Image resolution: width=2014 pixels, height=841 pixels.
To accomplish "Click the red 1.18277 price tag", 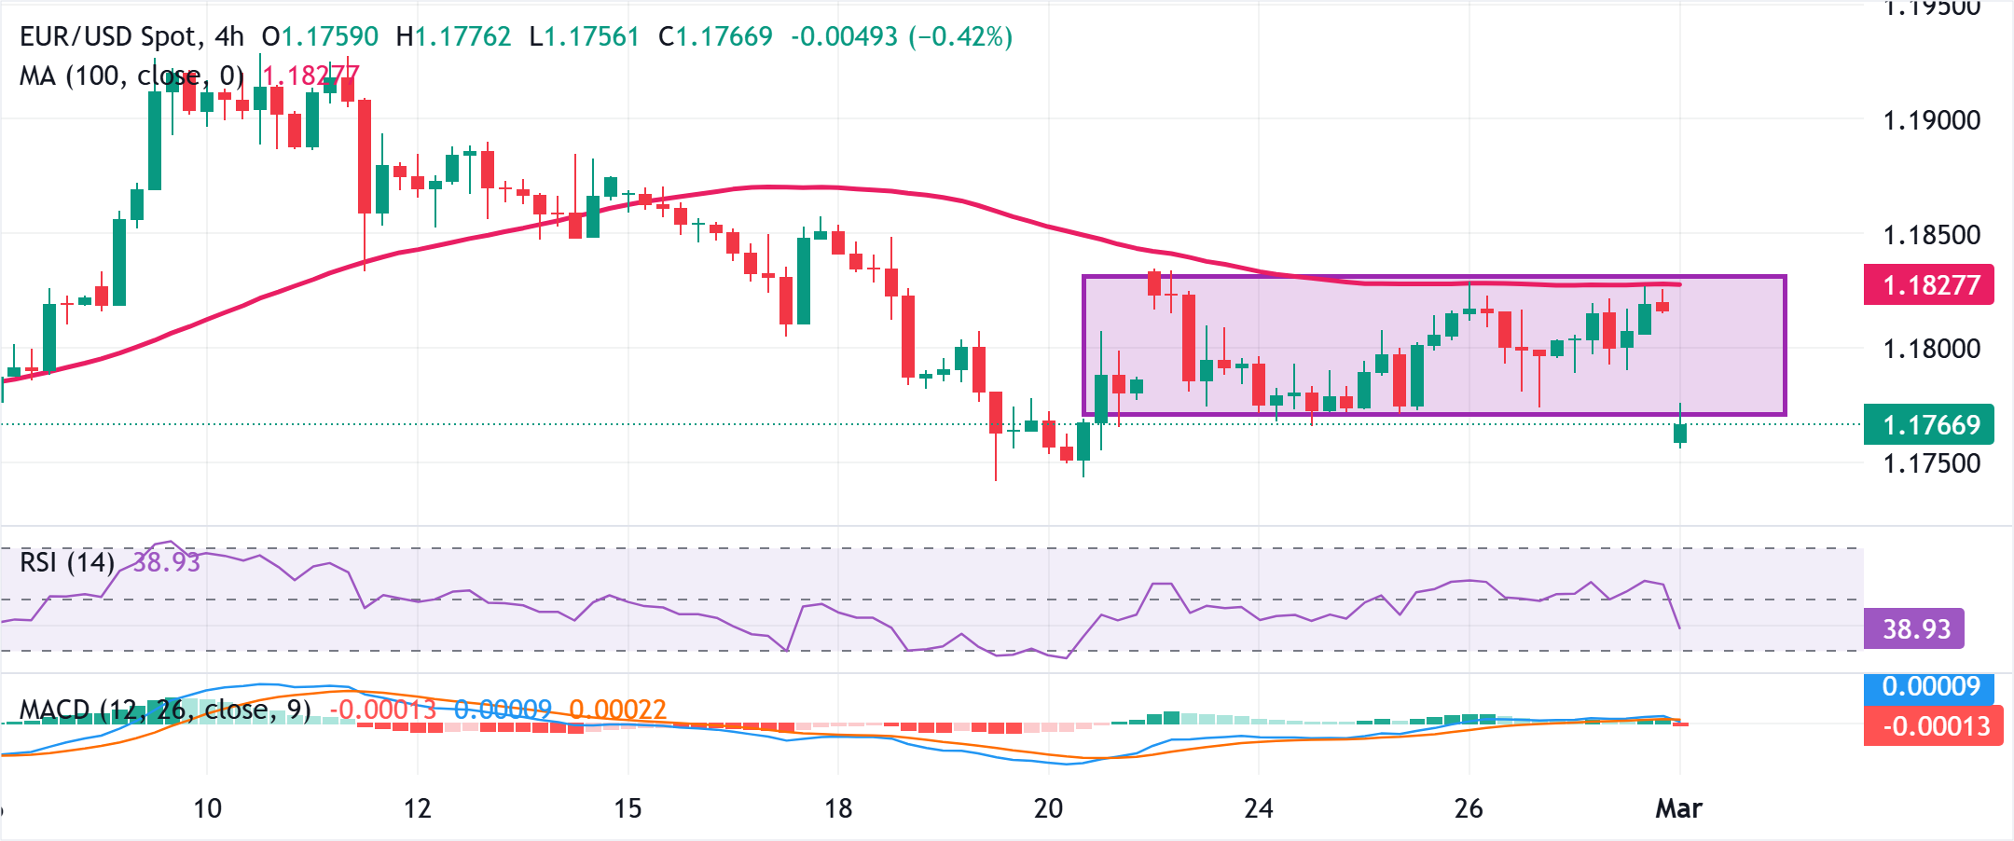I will pyautogui.click(x=1928, y=284).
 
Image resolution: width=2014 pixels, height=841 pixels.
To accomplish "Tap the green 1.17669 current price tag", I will pyautogui.click(x=1928, y=425).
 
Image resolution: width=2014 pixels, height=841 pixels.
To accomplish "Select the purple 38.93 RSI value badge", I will pyautogui.click(x=1914, y=628).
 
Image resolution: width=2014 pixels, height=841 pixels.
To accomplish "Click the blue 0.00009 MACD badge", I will pyautogui.click(x=1928, y=687).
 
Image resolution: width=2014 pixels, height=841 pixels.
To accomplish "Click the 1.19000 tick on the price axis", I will pyautogui.click(x=1931, y=120).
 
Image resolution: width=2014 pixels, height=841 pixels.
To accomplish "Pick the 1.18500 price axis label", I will pyautogui.click(x=1931, y=235).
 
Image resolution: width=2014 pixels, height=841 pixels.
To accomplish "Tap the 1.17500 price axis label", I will pyautogui.click(x=1931, y=463).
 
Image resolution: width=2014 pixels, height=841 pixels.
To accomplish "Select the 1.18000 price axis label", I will pyautogui.click(x=1931, y=349).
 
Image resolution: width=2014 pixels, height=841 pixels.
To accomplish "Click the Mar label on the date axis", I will pyautogui.click(x=1678, y=808).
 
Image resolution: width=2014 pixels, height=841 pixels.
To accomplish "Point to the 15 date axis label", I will pyautogui.click(x=628, y=808).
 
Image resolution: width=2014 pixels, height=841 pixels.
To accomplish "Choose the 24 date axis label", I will pyautogui.click(x=1258, y=808).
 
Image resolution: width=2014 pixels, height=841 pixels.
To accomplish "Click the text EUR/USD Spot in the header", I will pyautogui.click(x=108, y=36).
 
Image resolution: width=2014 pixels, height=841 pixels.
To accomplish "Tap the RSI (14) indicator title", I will pyautogui.click(x=67, y=562).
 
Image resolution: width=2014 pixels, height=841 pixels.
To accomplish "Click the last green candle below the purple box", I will pyautogui.click(x=1680, y=433).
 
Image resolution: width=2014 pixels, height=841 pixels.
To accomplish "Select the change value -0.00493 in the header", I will pyautogui.click(x=844, y=36).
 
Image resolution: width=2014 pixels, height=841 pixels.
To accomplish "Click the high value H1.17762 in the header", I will pyautogui.click(x=453, y=36).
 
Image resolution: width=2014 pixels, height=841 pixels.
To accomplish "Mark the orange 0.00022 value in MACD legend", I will pyautogui.click(x=617, y=710).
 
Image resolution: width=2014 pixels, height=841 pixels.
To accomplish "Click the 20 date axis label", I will pyautogui.click(x=1048, y=808).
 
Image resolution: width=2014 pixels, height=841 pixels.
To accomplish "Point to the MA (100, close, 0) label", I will pyautogui.click(x=131, y=76).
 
